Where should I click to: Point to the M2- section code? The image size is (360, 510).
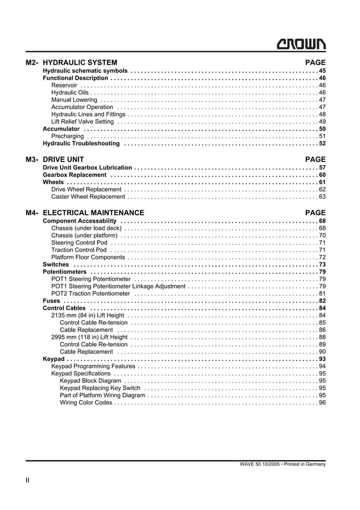coord(32,63)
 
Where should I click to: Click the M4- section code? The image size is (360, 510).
coord(32,213)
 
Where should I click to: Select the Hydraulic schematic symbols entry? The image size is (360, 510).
coord(85,71)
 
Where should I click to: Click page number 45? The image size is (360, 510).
coord(322,71)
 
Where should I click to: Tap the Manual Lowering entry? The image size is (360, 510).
coord(74,100)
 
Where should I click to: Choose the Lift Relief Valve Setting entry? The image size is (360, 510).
coord(82,121)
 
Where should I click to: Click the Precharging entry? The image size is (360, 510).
coord(67,136)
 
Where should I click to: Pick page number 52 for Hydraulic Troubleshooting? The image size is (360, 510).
coord(322,143)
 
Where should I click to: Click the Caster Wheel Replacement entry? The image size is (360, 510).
coord(88,197)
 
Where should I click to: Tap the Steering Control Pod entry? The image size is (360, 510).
coord(79,242)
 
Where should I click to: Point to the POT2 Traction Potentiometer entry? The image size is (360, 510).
coord(90,294)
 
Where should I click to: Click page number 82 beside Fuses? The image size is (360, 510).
coord(322,301)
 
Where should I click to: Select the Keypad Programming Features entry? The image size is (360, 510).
coord(93,367)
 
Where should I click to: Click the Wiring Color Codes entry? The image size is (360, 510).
coord(86,403)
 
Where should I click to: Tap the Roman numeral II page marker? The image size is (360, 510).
coord(27,480)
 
